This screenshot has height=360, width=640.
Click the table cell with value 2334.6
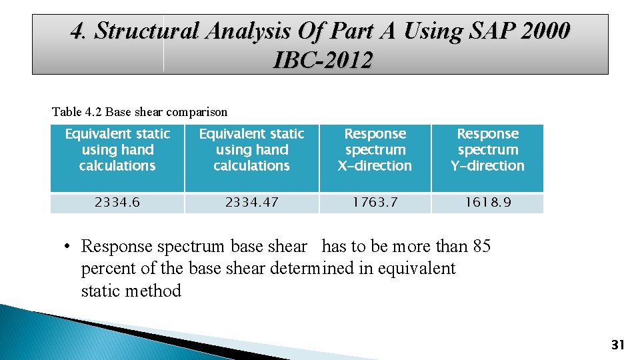click(x=117, y=203)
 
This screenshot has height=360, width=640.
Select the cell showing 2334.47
click(x=251, y=203)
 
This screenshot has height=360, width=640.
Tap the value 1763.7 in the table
click(x=375, y=203)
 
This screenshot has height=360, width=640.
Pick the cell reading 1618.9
click(x=487, y=203)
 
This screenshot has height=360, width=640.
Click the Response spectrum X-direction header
click(x=375, y=150)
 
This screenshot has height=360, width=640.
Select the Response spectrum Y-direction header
click(x=487, y=150)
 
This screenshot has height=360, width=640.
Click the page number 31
click(x=617, y=345)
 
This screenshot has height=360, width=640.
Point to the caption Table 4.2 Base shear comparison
click(x=139, y=112)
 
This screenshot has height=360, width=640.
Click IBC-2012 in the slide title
click(x=323, y=61)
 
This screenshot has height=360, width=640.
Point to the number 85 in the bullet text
click(x=481, y=247)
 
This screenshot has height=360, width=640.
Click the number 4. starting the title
click(x=80, y=31)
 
